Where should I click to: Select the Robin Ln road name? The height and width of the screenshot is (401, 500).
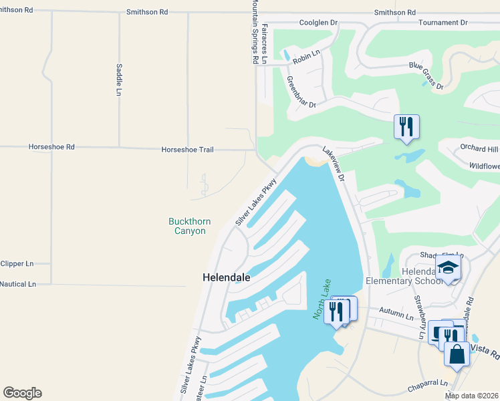coord(307,51)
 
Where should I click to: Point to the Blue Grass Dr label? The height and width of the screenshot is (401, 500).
coord(426,75)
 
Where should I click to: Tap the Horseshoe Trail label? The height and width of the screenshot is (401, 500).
coord(187,150)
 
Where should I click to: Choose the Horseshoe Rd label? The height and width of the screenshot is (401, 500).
coord(51,146)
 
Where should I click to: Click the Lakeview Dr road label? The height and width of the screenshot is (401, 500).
coord(333,164)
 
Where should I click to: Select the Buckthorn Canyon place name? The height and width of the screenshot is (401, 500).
coord(186,226)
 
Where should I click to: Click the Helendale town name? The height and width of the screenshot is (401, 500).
coord(227,277)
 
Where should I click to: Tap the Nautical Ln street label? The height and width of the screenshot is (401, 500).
coord(18,284)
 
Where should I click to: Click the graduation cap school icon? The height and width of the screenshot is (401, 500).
coord(449,269)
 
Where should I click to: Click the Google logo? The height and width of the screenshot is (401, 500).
coord(23,393)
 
